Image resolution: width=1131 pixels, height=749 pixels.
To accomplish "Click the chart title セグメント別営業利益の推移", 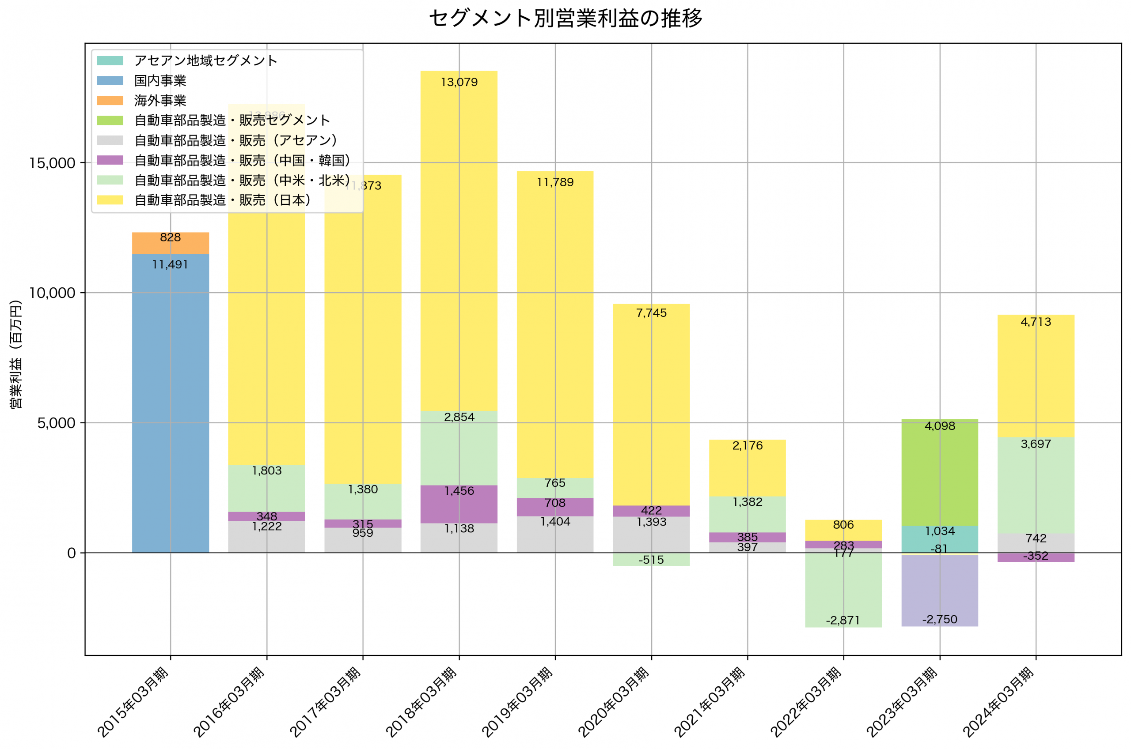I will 565,18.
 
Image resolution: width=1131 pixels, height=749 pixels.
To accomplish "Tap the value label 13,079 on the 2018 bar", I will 459,82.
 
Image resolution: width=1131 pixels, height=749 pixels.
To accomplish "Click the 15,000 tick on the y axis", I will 52,163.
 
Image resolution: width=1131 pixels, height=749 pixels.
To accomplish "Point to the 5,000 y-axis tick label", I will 56,423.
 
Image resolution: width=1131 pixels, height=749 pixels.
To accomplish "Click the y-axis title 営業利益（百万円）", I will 16,354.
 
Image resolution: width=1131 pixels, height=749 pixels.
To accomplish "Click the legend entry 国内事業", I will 159,81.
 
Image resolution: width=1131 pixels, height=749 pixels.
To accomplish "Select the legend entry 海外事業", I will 159,101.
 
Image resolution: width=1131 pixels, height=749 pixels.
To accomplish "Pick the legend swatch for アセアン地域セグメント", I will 110,60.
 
